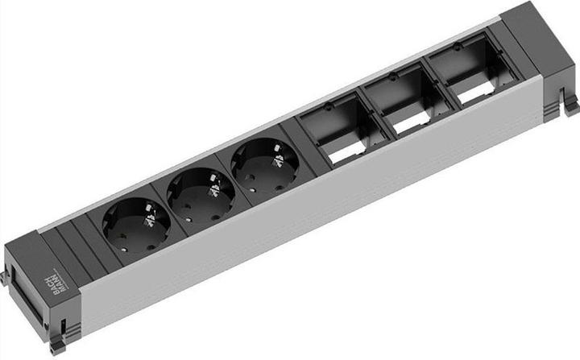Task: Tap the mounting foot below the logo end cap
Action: point(57,346)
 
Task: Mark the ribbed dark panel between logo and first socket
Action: point(77,242)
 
